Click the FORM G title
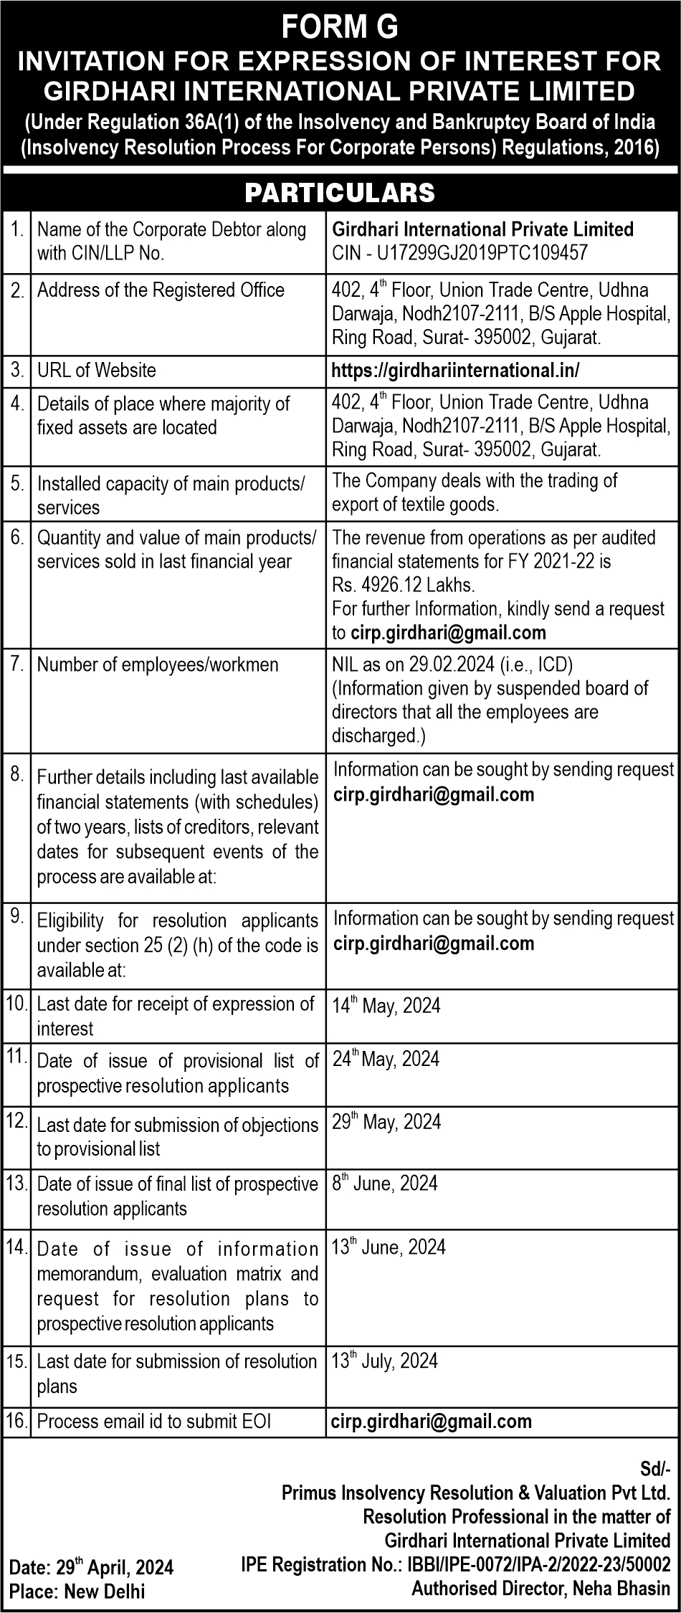pos(340,28)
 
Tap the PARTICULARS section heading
pos(340,192)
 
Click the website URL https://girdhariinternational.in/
pos(455,370)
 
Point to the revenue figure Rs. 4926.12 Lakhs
pos(403,584)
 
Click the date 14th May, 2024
pos(386,1005)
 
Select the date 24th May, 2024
pos(386,1059)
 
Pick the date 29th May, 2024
pos(386,1121)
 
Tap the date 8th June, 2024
pos(384,1183)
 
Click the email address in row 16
pos(432,1420)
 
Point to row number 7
pos(17,664)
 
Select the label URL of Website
pos(96,370)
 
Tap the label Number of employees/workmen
pos(158,665)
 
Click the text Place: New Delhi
pos(77,1591)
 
